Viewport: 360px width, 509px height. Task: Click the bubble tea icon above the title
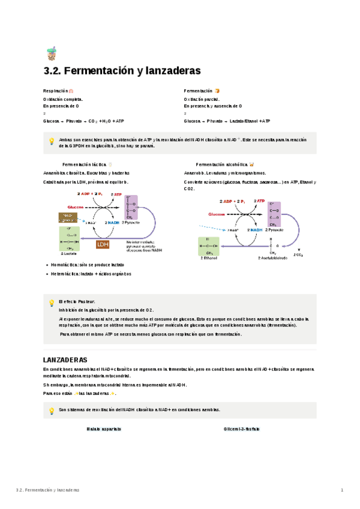coord(51,55)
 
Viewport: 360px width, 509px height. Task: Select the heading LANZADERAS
coord(65,359)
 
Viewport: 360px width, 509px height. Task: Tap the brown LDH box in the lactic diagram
coord(103,244)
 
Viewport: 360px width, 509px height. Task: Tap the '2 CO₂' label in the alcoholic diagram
coord(298,254)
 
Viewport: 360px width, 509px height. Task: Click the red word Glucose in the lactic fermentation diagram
coord(76,206)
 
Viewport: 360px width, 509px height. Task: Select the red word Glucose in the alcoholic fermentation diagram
coord(217,214)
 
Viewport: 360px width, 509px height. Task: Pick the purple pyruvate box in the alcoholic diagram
coord(275,215)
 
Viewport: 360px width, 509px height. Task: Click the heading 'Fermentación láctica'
coord(85,164)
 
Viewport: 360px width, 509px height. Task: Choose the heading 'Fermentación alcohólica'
coord(221,164)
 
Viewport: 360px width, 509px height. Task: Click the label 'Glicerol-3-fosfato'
coord(242,429)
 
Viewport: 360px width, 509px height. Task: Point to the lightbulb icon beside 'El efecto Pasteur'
coord(52,303)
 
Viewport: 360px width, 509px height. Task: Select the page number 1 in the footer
coord(341,490)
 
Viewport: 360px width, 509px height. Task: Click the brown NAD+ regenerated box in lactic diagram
coord(68,217)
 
